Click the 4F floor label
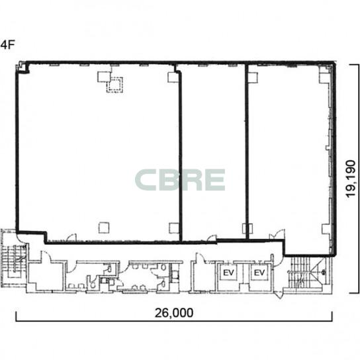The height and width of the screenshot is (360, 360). pyautogui.click(x=7, y=45)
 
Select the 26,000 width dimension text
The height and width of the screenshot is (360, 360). pyautogui.click(x=174, y=313)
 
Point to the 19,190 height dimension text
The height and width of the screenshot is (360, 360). pyautogui.click(x=351, y=179)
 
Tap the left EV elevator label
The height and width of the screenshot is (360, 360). pyautogui.click(x=229, y=273)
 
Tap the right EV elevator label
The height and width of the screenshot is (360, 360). pyautogui.click(x=259, y=273)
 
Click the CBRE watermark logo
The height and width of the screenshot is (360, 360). pyautogui.click(x=180, y=180)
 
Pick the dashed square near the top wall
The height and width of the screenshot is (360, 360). pyautogui.click(x=114, y=85)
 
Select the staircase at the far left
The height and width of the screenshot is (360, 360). pyautogui.click(x=14, y=258)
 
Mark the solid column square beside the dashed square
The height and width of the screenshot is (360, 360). pyautogui.click(x=104, y=77)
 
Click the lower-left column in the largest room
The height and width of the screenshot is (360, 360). pyautogui.click(x=104, y=228)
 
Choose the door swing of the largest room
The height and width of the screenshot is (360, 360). pyautogui.click(x=72, y=238)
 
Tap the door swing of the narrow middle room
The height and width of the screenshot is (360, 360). pyautogui.click(x=212, y=238)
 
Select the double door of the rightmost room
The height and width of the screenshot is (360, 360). pyautogui.click(x=277, y=235)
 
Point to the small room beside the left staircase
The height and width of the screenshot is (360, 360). pyautogui.click(x=46, y=275)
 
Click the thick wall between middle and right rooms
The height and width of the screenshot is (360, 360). pyautogui.click(x=247, y=152)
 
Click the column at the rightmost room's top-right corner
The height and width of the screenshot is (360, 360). pyautogui.click(x=326, y=74)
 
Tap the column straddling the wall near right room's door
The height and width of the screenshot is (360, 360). pyautogui.click(x=247, y=228)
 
